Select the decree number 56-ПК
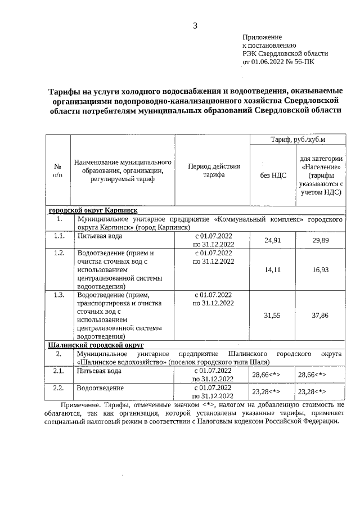[x=303, y=61]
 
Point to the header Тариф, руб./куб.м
[x=298, y=139]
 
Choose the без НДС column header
[x=273, y=175]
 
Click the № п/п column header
[x=57, y=170]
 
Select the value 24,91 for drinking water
[x=273, y=241]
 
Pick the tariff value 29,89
[x=320, y=241]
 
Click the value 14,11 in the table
[x=273, y=270]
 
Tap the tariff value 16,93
[x=320, y=270]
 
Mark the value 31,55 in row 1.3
[x=273, y=316]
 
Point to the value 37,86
[x=320, y=316]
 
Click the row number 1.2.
[x=59, y=253]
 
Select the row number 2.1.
[x=58, y=371]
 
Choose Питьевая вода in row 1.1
[x=99, y=237]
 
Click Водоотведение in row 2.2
[x=101, y=388]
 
